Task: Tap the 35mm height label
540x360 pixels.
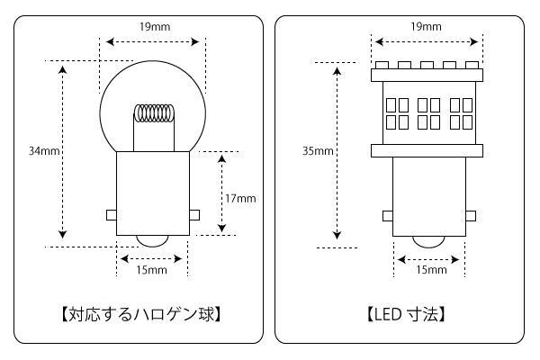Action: pyautogui.click(x=319, y=151)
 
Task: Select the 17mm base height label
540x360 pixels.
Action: pyautogui.click(x=240, y=198)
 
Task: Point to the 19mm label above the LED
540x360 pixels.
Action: pyautogui.click(x=425, y=27)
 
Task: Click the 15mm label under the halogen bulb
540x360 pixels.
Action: pyautogui.click(x=151, y=270)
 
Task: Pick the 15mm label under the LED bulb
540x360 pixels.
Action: pyautogui.click(x=431, y=270)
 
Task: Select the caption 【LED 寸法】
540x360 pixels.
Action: pyautogui.click(x=406, y=314)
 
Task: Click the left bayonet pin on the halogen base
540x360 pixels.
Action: pyautogui.click(x=112, y=215)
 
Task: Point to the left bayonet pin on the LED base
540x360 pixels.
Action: pyautogui.click(x=387, y=215)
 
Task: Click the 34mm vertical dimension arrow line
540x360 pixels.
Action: pyautogui.click(x=62, y=151)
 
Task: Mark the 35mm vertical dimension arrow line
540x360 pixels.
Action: pyautogui.click(x=337, y=151)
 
